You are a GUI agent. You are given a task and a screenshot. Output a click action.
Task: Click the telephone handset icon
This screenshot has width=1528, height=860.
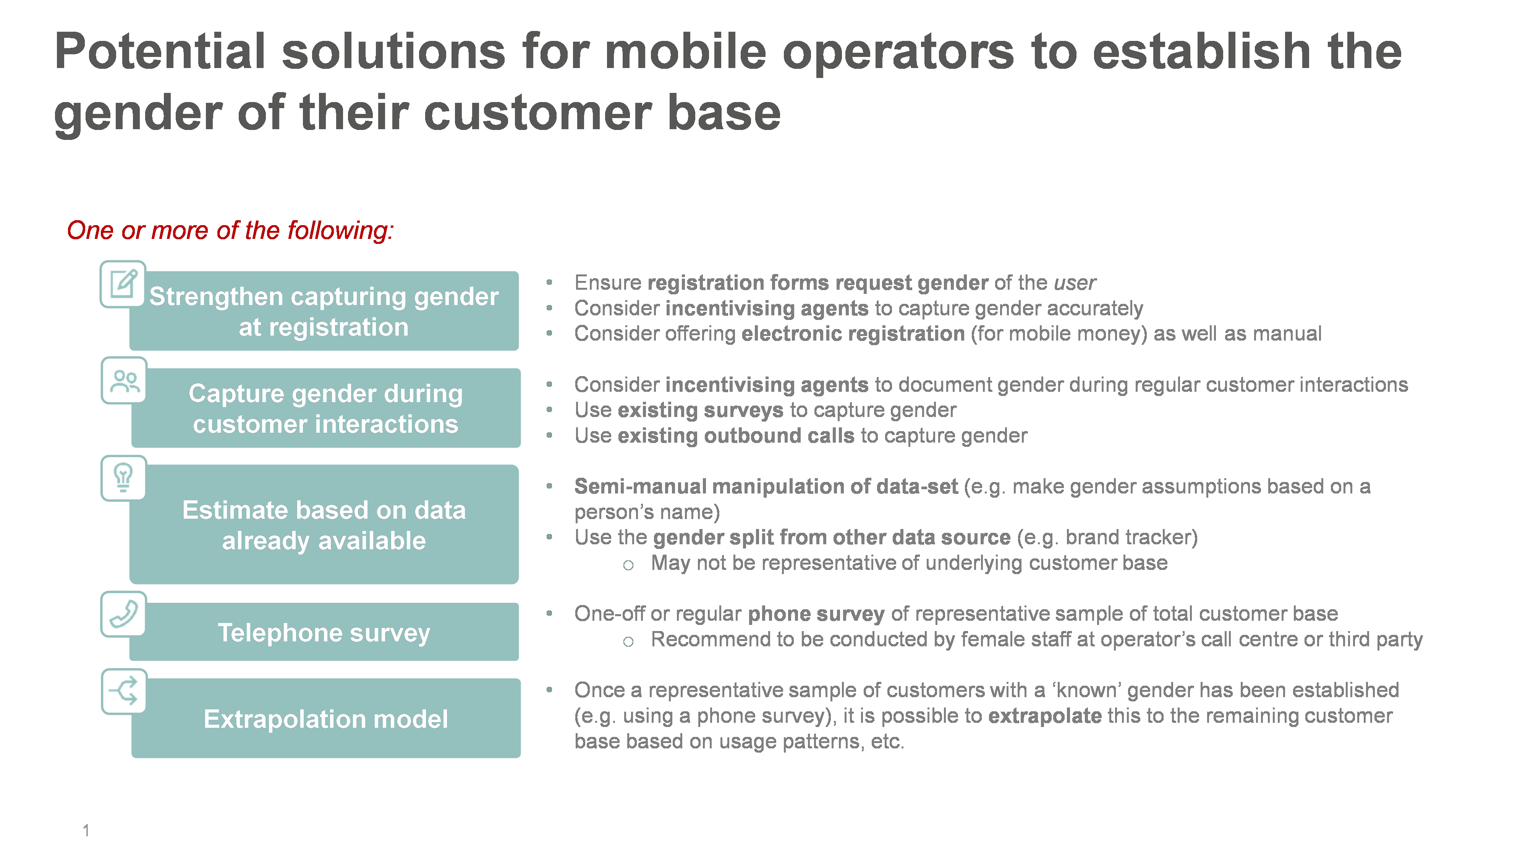(x=123, y=614)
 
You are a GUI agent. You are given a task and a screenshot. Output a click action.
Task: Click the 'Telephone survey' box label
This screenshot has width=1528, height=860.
(x=324, y=633)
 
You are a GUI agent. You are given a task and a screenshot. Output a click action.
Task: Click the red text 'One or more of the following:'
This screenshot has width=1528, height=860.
(x=230, y=230)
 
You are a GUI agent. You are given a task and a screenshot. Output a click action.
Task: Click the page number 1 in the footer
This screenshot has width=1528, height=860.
(x=86, y=830)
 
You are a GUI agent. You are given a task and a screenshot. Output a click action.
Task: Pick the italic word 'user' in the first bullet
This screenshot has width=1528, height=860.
(x=1075, y=283)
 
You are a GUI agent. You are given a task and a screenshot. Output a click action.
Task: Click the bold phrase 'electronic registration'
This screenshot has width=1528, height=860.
(x=853, y=334)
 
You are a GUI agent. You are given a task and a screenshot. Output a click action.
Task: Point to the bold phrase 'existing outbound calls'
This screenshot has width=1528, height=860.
(x=736, y=436)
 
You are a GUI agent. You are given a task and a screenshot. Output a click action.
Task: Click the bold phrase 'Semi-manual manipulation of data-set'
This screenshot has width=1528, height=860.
(x=766, y=487)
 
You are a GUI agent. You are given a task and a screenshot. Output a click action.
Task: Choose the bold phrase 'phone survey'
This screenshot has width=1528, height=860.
(x=816, y=614)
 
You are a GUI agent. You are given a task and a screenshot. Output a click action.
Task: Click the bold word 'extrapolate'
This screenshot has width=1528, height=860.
(x=1044, y=716)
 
